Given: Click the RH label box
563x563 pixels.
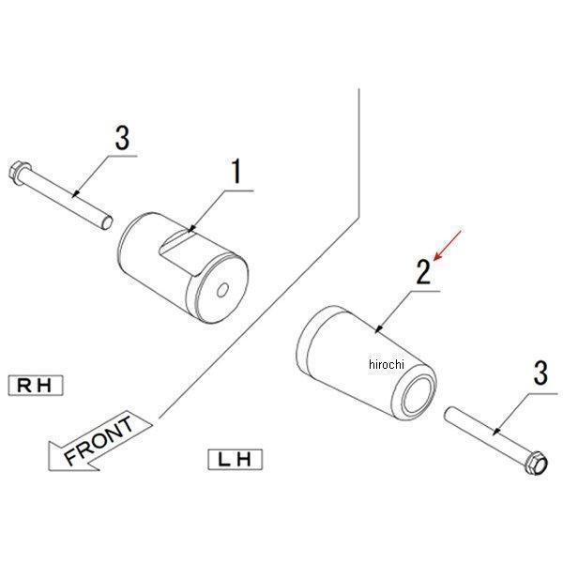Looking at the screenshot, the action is point(36,386).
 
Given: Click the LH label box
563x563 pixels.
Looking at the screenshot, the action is point(236,459).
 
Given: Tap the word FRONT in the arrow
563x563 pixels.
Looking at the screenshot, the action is point(99,440).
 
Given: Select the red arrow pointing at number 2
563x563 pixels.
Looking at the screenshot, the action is point(447,245).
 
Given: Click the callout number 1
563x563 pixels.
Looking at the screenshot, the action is point(236,172).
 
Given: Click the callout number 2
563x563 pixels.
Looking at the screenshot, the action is point(423,272).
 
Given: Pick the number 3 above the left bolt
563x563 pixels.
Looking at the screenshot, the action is point(122,138).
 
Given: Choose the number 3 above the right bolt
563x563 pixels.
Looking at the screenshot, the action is point(540,373).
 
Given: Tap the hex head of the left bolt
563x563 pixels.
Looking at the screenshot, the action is point(18,174).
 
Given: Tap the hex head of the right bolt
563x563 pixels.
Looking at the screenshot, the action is point(536,463).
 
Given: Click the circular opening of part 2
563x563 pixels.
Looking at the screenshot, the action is point(418,394).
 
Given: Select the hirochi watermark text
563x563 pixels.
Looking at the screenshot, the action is point(387,364).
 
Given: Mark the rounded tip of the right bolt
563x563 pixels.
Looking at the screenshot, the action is point(449,414).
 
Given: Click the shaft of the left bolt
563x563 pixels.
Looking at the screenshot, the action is point(65,196).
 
